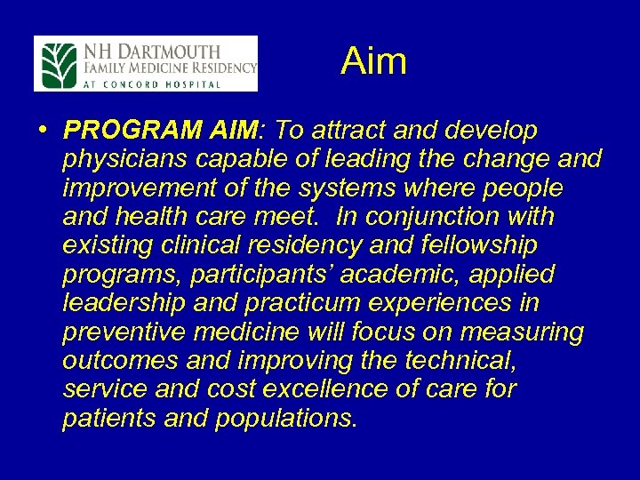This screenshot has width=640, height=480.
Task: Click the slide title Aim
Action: tap(373, 61)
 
